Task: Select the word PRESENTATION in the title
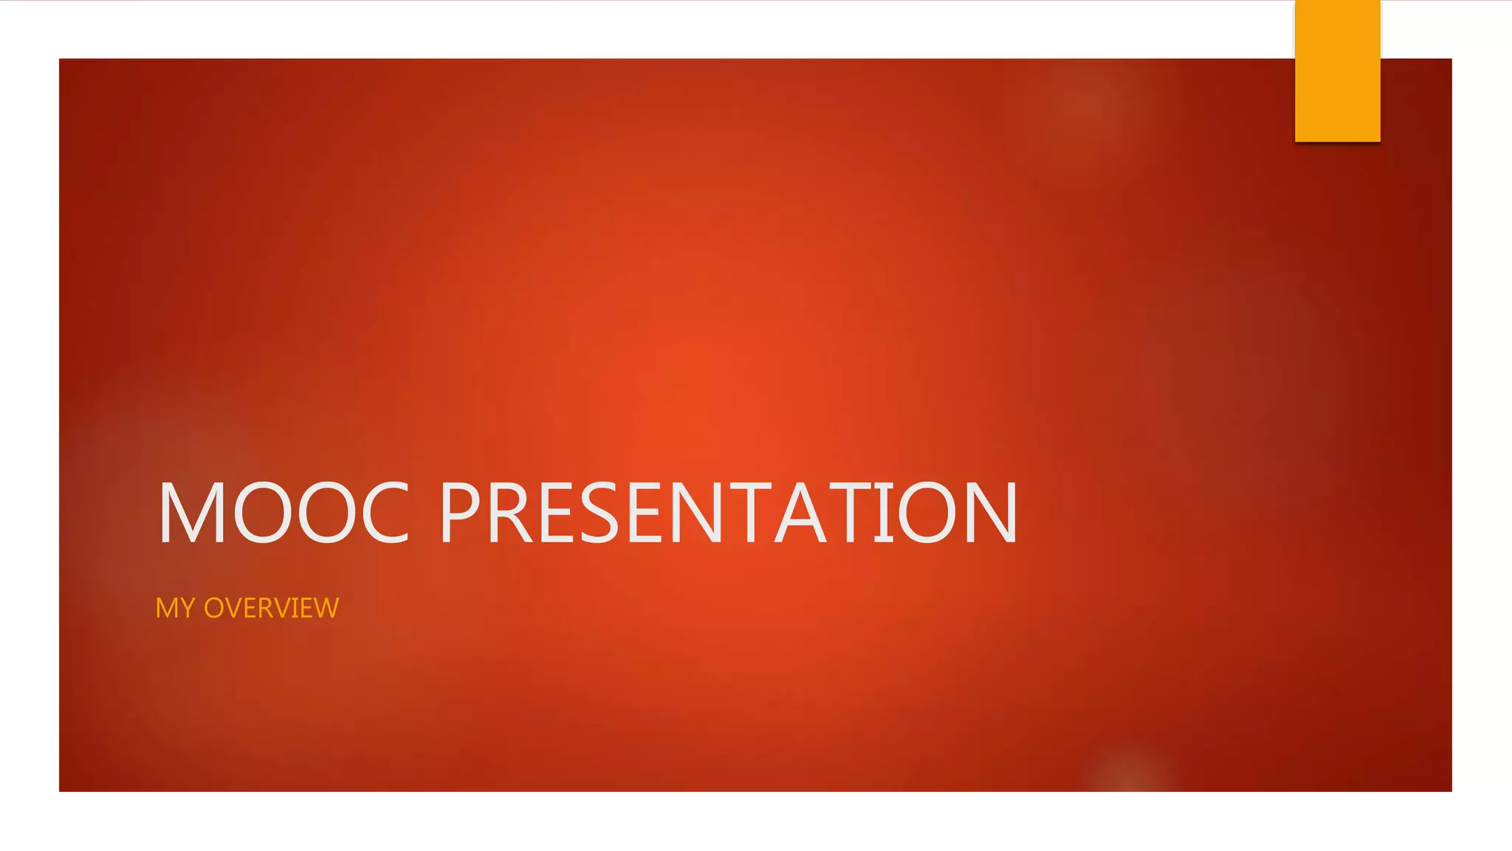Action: tap(729, 513)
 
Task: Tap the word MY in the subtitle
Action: tap(175, 608)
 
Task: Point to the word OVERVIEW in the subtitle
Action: tap(271, 608)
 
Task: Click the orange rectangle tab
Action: tap(1337, 71)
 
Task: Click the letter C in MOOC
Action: tap(385, 513)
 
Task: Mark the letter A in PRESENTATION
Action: tap(803, 513)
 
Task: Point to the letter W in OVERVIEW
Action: tap(325, 608)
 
